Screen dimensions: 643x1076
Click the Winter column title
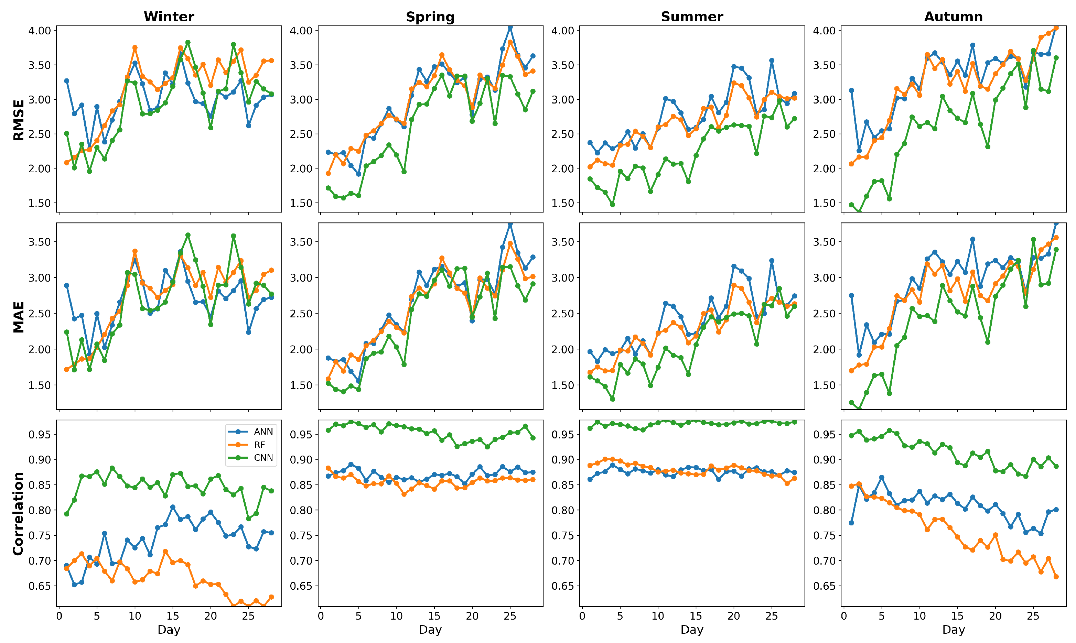[x=169, y=17]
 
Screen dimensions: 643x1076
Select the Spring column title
[x=430, y=17]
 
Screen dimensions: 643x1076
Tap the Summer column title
[x=692, y=17]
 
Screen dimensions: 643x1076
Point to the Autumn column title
[x=953, y=17]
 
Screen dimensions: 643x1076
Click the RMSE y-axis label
[x=18, y=120]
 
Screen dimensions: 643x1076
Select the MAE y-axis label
[x=18, y=317]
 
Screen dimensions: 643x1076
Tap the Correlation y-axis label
[x=18, y=514]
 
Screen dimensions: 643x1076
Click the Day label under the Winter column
[x=169, y=630]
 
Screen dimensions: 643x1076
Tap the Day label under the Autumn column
[x=953, y=630]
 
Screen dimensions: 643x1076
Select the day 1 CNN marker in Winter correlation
[x=66, y=514]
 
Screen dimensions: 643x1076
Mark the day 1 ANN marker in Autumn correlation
[x=851, y=523]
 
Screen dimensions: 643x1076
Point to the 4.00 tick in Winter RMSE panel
[x=40, y=31]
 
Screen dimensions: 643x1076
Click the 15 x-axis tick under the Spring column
[x=434, y=616]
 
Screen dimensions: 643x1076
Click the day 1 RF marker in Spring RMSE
[x=328, y=173]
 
